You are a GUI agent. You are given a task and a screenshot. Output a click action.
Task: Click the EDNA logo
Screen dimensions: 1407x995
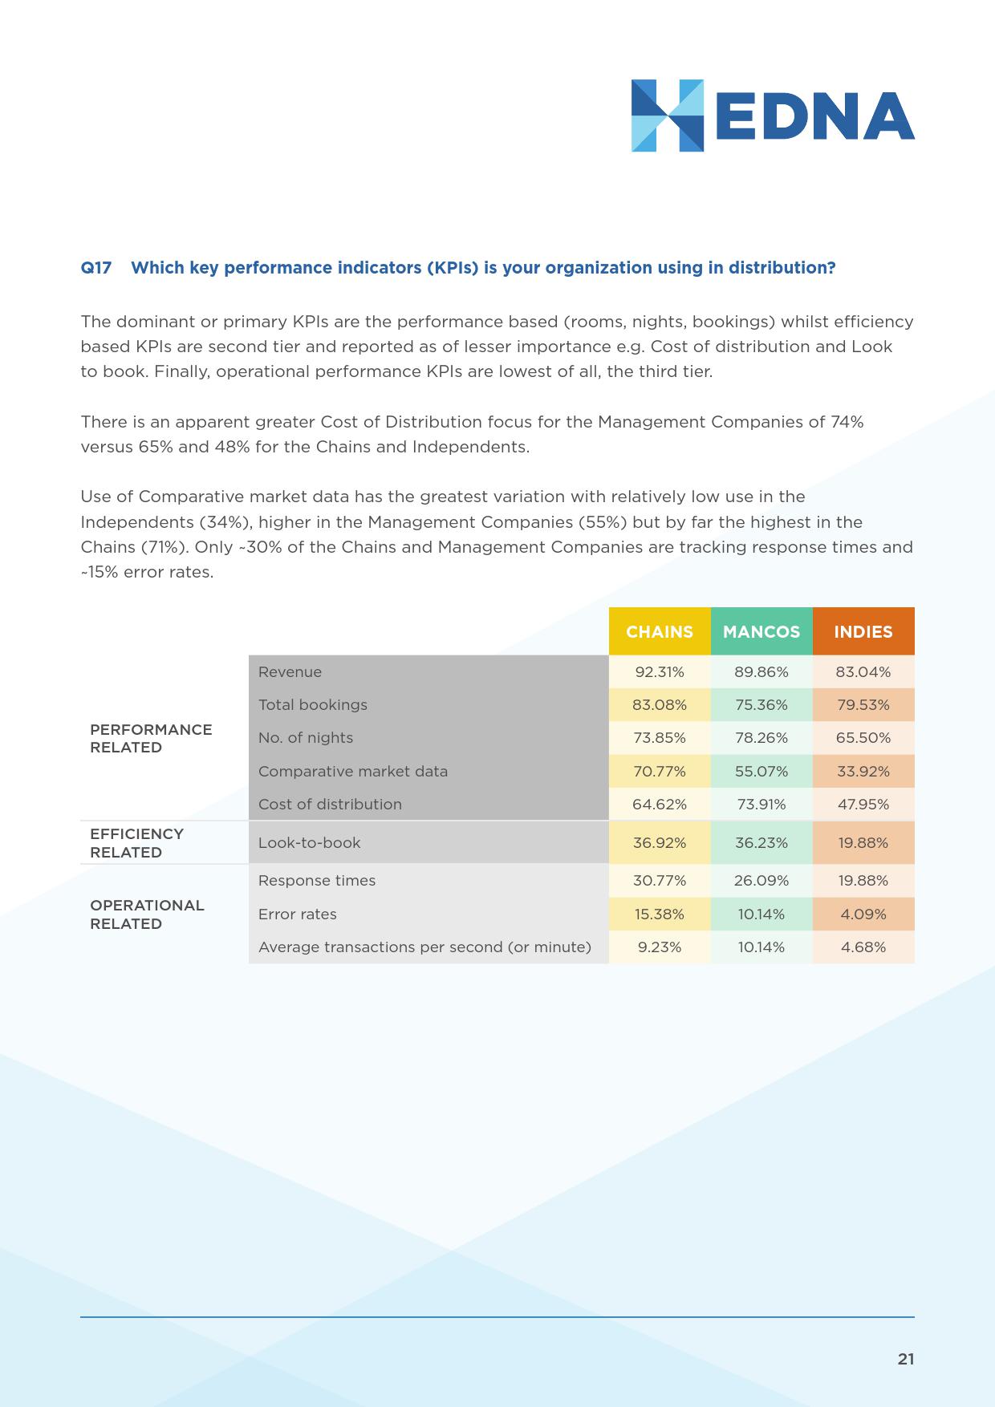[772, 116]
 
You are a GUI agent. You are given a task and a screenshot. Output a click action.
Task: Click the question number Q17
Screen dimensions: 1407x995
[96, 268]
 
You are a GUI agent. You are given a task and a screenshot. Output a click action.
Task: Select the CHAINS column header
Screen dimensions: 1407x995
[660, 632]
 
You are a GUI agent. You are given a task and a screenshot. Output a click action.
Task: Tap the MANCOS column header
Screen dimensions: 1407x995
[761, 632]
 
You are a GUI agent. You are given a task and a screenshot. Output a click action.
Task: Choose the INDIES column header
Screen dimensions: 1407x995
[863, 632]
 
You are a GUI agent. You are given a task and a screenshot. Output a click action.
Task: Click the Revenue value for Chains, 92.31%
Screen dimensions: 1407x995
[660, 672]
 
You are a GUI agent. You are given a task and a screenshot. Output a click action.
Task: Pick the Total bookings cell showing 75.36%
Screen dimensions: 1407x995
[761, 705]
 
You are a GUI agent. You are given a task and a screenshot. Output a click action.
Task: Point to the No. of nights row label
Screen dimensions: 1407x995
[306, 738]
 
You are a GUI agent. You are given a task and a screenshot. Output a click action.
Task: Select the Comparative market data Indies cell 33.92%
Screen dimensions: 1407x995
[863, 772]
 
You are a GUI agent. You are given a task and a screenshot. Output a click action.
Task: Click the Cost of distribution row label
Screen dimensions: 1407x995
[330, 805]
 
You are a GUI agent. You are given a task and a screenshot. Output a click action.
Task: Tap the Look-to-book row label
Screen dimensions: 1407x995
[310, 843]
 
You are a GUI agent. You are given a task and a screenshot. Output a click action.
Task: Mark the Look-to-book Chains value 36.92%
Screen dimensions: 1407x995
[660, 843]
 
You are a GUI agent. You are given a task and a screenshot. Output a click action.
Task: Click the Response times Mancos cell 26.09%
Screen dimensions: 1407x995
[761, 881]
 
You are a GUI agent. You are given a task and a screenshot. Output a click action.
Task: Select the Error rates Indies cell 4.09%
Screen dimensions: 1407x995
[863, 914]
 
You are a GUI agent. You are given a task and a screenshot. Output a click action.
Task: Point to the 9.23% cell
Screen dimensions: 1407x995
[660, 947]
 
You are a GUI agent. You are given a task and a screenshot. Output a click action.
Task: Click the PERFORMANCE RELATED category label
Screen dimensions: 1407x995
[151, 739]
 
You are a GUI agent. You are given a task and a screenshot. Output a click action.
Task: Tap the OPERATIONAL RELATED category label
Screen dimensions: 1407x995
[147, 914]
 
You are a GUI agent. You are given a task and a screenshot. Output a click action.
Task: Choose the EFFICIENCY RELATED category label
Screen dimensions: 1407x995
[137, 843]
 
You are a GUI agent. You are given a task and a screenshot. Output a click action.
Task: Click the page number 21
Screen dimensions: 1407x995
[906, 1360]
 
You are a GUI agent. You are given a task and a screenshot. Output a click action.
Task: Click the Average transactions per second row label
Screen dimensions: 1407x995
[424, 947]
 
